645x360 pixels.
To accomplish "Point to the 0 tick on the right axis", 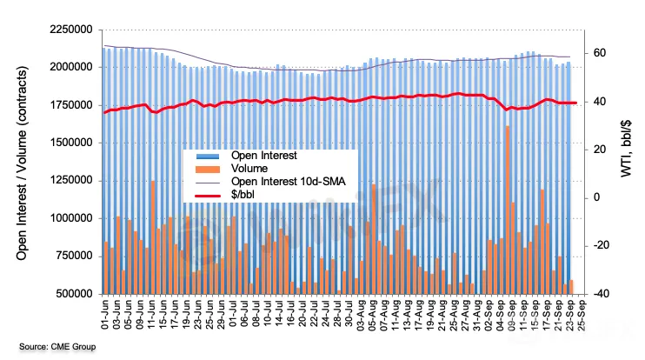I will (x=597, y=197).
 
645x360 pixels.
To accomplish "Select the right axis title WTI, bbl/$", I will (x=625, y=161).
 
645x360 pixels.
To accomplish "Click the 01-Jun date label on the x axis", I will (x=105, y=315).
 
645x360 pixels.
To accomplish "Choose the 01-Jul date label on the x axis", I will (x=230, y=315).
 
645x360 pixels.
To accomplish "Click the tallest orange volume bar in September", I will (x=507, y=209).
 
